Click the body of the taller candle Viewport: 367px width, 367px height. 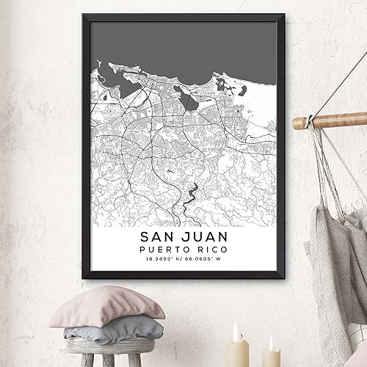(x=237, y=352)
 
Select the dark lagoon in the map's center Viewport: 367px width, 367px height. (x=190, y=99)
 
